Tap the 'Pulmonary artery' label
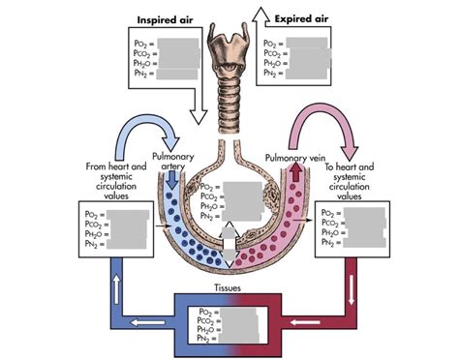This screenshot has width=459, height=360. point(173,162)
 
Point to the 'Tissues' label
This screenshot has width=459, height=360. point(229,287)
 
